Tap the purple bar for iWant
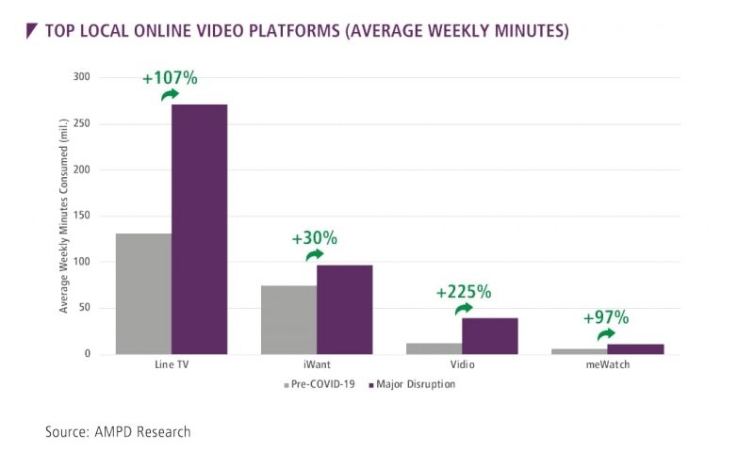[345, 310]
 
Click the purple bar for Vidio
[490, 336]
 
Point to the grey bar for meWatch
[580, 351]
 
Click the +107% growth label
[170, 78]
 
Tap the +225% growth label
[464, 292]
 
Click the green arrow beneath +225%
[464, 308]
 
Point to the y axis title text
[63, 216]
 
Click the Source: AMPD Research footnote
[118, 432]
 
